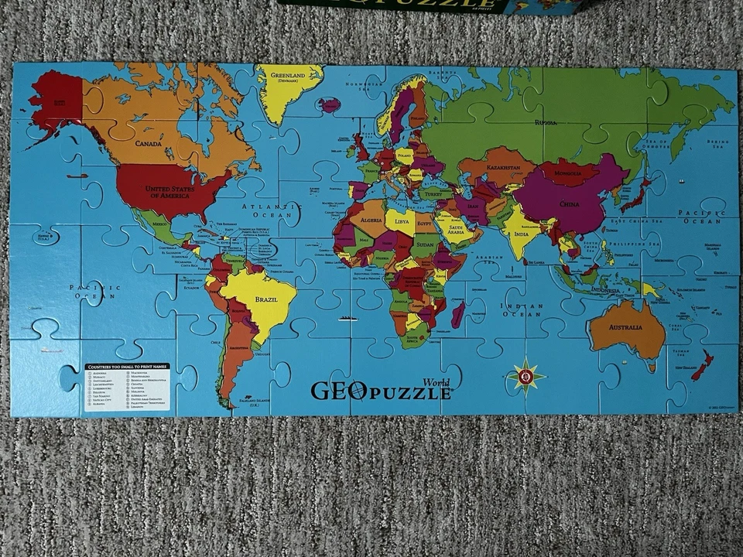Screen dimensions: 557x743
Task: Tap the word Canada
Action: coord(148,143)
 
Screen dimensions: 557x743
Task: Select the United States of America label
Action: coord(169,193)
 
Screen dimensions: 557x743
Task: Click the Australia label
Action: coord(625,327)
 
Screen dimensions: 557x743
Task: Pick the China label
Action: coord(569,205)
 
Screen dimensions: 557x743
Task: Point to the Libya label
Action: coord(402,222)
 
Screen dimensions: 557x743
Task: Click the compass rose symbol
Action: coord(526,377)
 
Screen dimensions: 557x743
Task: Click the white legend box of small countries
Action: coord(127,387)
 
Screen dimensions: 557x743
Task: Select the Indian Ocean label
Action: coord(521,309)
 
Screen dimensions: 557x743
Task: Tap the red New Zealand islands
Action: coord(703,364)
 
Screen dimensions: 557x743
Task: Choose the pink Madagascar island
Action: coord(457,314)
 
